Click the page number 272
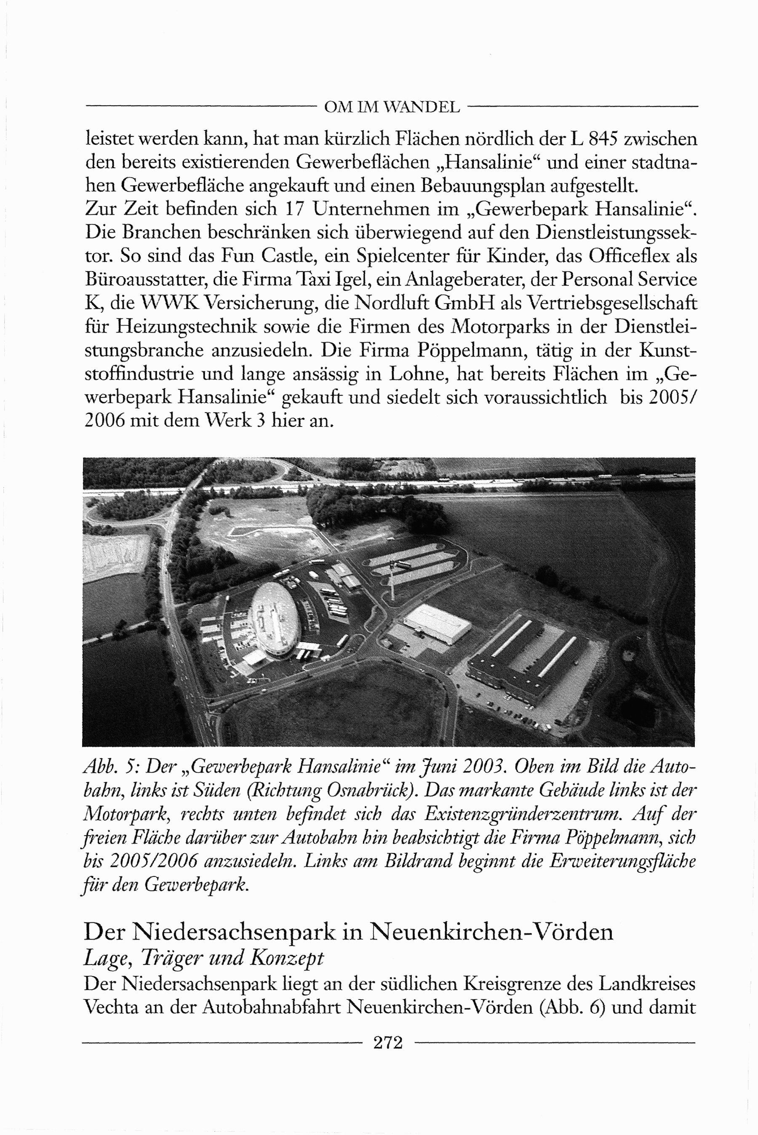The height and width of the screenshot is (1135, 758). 388,1042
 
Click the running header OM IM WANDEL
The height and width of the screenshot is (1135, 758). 392,107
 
